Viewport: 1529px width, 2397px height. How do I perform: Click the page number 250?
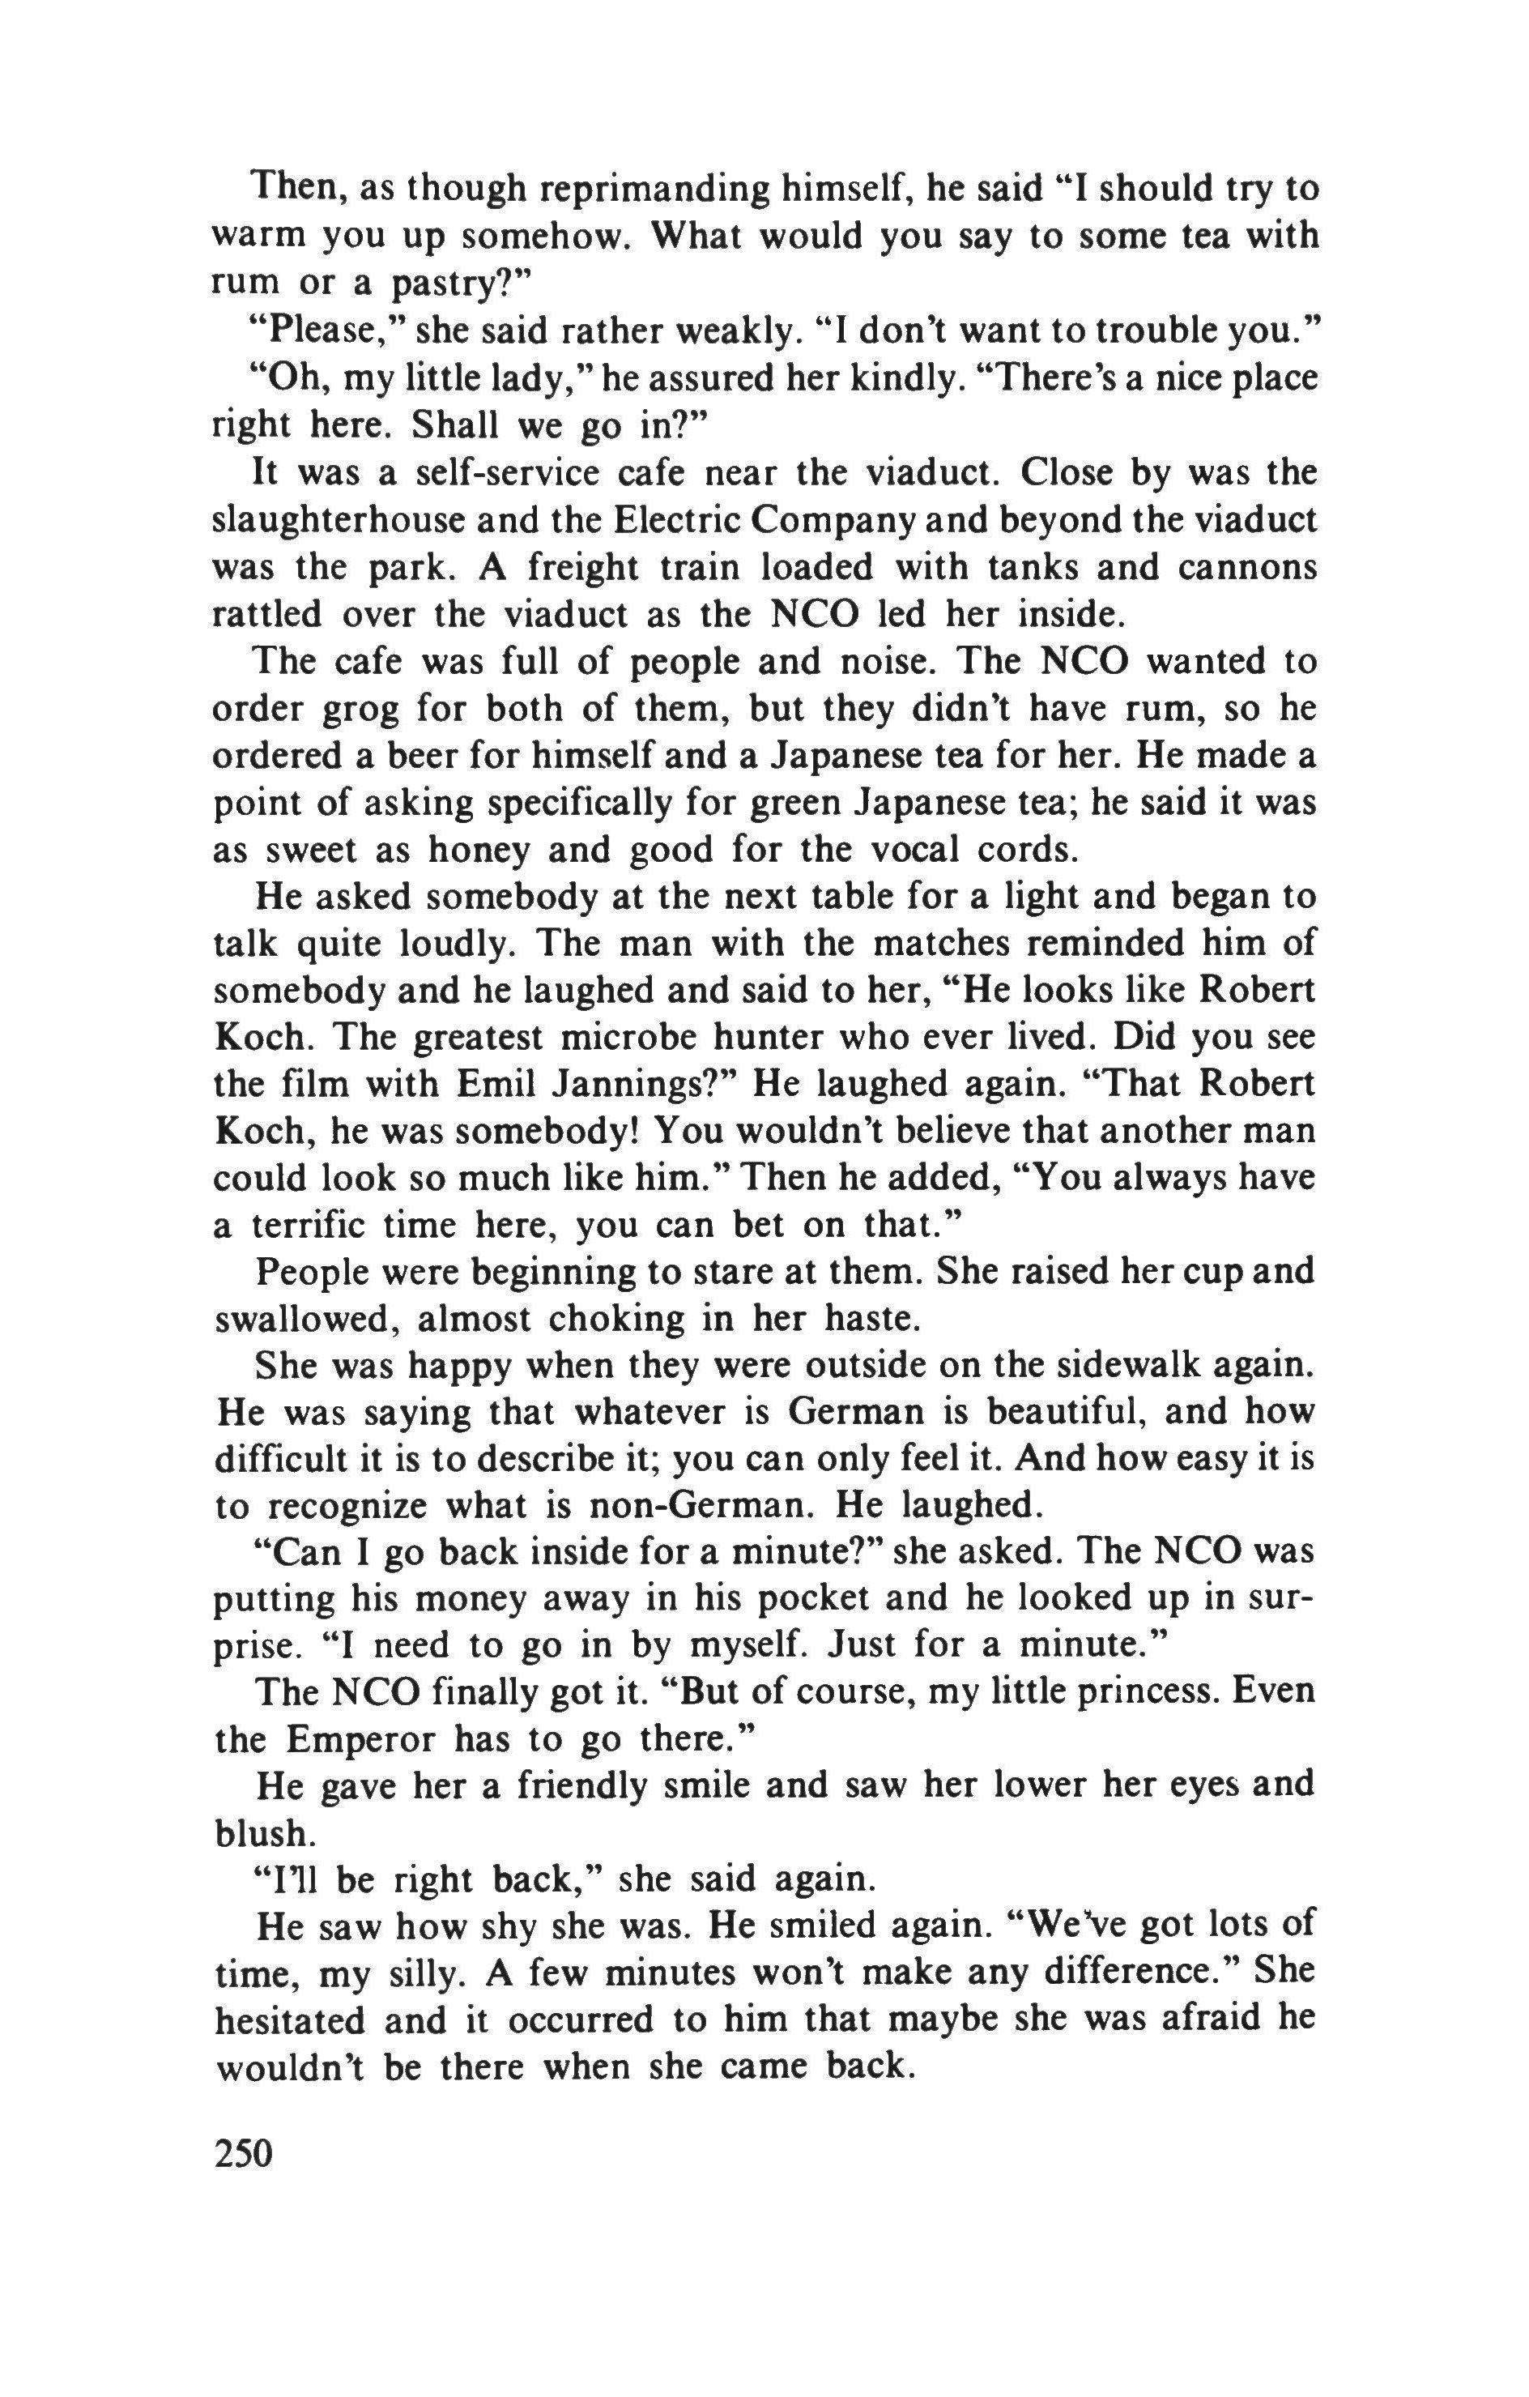point(243,2150)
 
